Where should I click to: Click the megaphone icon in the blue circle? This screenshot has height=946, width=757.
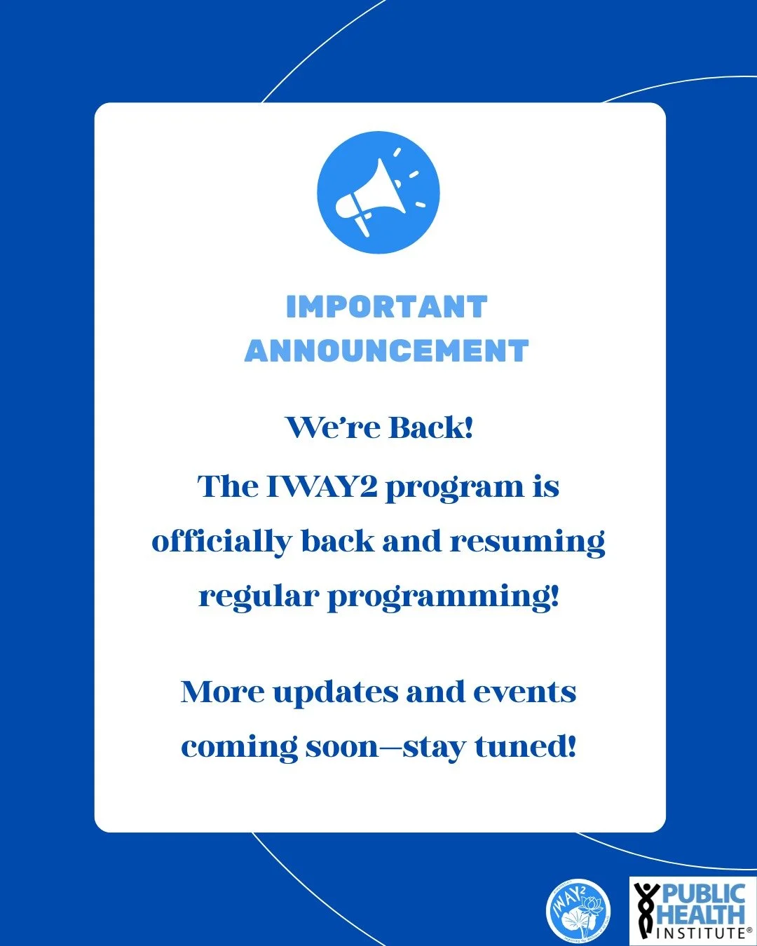click(378, 193)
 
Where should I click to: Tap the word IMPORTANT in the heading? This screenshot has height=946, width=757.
click(386, 308)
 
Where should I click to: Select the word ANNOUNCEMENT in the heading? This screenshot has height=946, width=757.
click(386, 351)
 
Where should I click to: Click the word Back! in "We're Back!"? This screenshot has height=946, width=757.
click(431, 427)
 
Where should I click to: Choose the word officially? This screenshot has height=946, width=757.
click(221, 542)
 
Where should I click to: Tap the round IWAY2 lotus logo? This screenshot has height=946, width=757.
click(578, 910)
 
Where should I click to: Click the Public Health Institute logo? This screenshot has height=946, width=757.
click(693, 910)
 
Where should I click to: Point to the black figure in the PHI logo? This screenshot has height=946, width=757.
click(646, 910)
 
